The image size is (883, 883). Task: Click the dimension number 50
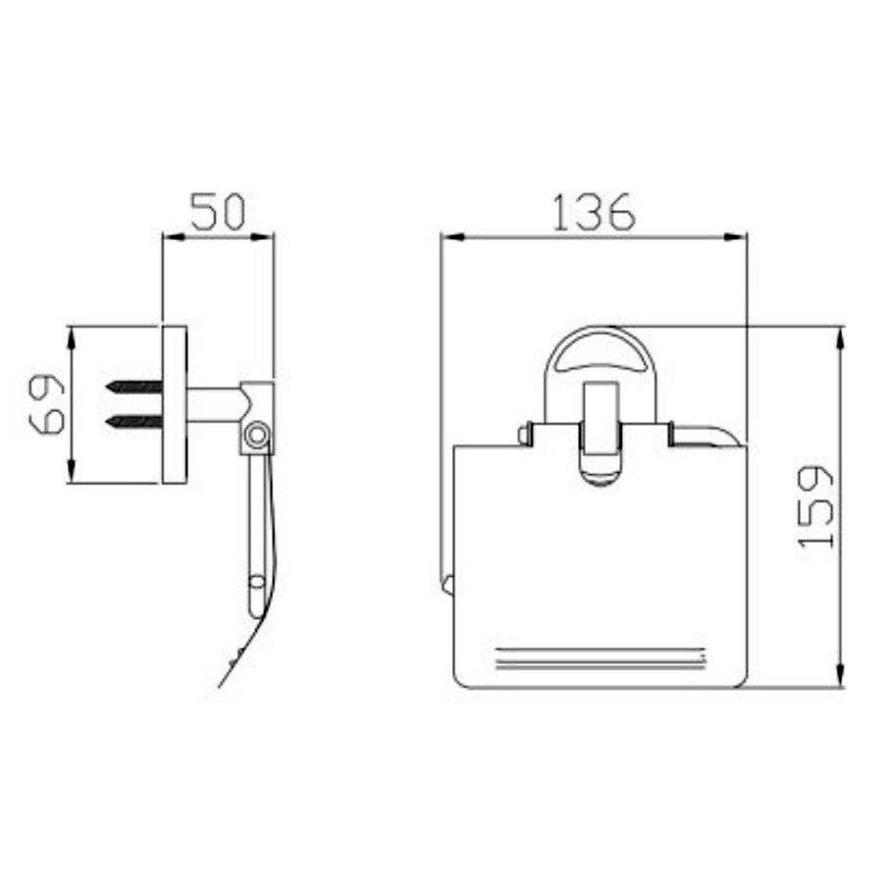(x=218, y=212)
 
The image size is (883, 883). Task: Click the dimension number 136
(x=594, y=213)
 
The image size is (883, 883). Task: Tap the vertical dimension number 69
(x=47, y=404)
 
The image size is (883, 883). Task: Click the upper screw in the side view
(x=134, y=387)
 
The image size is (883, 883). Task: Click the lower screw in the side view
(x=134, y=420)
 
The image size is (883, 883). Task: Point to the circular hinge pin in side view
(x=257, y=436)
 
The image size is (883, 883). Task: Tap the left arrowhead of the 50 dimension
(x=174, y=237)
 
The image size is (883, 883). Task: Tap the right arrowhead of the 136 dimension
(x=736, y=237)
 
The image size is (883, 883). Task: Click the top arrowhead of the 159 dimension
(x=840, y=338)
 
